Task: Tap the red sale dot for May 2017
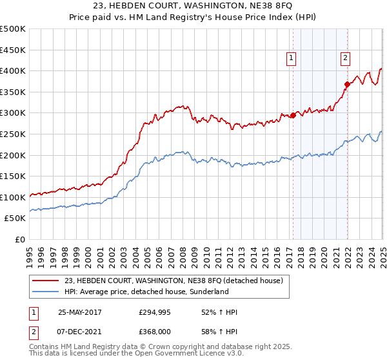(293, 116)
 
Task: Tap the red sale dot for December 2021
(347, 84)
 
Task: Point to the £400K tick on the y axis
(13, 70)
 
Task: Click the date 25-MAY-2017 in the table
(81, 312)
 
